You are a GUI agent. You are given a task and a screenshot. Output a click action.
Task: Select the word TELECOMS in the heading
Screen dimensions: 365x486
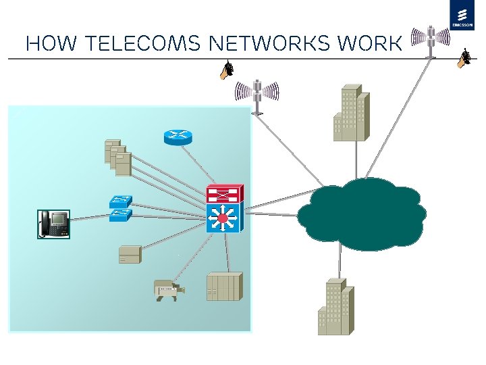[138, 44]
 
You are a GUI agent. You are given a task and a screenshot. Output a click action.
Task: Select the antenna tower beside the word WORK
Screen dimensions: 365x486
[430, 39]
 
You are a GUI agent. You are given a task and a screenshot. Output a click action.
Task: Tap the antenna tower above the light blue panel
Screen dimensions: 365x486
[256, 95]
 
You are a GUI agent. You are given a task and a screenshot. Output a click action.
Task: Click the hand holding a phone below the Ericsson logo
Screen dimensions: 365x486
[463, 59]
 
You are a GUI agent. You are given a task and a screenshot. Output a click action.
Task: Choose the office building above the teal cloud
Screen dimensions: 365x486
[351, 113]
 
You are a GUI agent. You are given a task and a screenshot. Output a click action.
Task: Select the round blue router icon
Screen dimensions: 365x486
[178, 136]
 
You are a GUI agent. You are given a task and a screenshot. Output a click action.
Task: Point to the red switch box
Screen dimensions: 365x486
[225, 194]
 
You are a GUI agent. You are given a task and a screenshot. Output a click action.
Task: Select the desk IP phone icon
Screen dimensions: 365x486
[53, 224]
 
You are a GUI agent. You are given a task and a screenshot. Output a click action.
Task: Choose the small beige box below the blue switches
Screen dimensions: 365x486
[129, 255]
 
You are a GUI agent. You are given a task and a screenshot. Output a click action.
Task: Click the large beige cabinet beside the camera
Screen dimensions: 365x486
[223, 287]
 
